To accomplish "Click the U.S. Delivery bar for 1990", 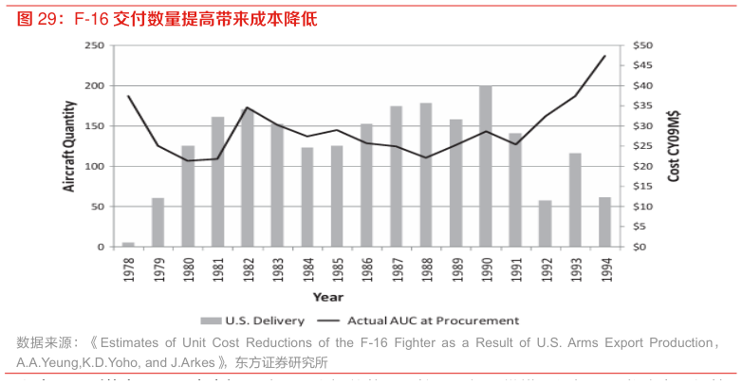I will pos(486,167).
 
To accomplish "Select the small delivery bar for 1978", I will pos(128,244).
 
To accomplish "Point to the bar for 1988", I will pos(426,174).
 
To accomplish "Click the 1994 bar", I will pos(604,222).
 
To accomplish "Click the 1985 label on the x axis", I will pos(337,268).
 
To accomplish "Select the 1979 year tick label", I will pos(158,268).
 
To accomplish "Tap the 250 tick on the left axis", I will pos(94,46).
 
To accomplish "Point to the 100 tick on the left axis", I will pos(94,167).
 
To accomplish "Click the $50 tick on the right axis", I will pos(642,46).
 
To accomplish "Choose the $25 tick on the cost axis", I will pos(642,147).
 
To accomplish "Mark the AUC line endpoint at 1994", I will pos(604,56).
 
